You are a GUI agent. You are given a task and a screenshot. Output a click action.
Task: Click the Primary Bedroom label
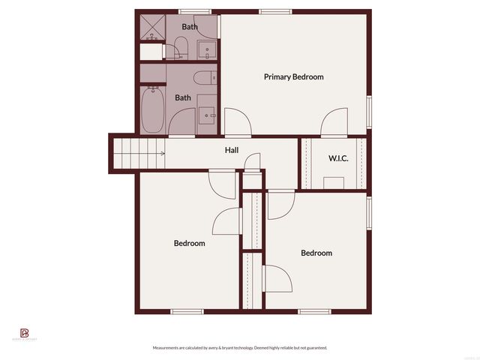293,76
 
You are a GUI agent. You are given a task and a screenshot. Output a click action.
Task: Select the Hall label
232,150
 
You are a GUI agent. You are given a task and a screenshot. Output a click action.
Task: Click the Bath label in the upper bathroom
190,27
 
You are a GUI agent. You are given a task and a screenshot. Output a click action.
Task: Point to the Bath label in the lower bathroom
183,97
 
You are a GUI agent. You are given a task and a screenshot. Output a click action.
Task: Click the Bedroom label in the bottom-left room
189,243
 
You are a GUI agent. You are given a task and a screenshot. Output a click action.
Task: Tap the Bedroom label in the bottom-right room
316,253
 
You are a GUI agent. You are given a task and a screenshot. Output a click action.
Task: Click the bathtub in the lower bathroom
152,110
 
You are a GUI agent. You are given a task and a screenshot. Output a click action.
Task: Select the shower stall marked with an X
152,28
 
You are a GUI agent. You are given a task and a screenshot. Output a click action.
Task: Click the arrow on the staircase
162,154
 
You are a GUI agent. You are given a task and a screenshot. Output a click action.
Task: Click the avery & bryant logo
24,333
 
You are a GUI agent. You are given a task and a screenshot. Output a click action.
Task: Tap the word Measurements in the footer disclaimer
166,348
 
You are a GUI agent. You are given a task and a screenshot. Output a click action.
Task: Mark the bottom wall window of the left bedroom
187,311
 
